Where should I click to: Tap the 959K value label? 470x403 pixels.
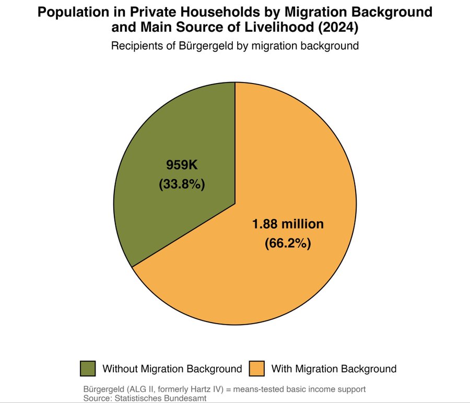(x=182, y=165)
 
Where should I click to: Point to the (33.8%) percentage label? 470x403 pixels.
(x=182, y=184)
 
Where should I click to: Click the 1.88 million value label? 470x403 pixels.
(x=288, y=224)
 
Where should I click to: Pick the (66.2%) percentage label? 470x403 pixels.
(x=288, y=243)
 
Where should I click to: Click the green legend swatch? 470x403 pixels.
(x=88, y=369)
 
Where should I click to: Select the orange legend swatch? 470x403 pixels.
(x=257, y=369)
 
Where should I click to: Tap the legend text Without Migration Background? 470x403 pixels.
(x=172, y=369)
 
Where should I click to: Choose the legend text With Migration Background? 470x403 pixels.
(x=334, y=369)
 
